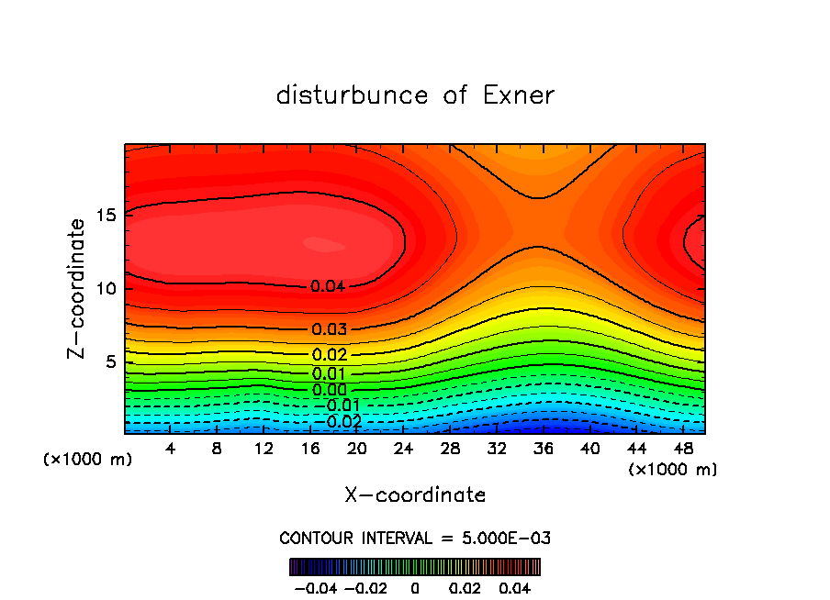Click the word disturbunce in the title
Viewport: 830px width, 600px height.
pyautogui.click(x=352, y=95)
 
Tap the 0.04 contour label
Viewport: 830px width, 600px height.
pyautogui.click(x=327, y=286)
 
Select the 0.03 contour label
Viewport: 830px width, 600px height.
pyautogui.click(x=329, y=329)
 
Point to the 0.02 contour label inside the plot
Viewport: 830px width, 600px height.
pyautogui.click(x=329, y=355)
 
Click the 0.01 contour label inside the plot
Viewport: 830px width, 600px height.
pyautogui.click(x=329, y=373)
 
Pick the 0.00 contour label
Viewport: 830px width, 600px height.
pyautogui.click(x=329, y=390)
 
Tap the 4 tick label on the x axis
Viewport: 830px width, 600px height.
pyautogui.click(x=171, y=449)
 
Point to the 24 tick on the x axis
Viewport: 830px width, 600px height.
pyautogui.click(x=403, y=449)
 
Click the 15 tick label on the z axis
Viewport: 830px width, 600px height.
pyautogui.click(x=107, y=217)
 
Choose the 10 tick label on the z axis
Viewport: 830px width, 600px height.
pyautogui.click(x=107, y=289)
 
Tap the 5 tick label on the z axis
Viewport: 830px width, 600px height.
pyautogui.click(x=111, y=361)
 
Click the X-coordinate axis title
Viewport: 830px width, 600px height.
pyautogui.click(x=415, y=495)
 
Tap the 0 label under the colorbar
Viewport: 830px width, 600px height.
pyautogui.click(x=414, y=586)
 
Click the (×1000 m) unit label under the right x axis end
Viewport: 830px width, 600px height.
pyautogui.click(x=672, y=470)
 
